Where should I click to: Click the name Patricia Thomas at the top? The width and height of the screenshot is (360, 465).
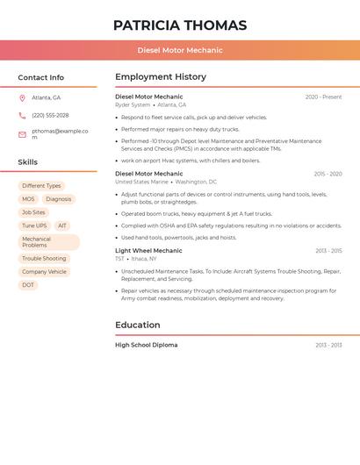(x=180, y=25)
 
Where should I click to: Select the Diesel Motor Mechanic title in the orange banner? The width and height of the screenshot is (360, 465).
(x=180, y=50)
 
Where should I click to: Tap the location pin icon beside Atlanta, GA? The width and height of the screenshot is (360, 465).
(x=22, y=97)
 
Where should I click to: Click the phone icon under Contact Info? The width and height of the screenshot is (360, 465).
(x=22, y=115)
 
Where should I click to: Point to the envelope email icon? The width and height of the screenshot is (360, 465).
(x=22, y=134)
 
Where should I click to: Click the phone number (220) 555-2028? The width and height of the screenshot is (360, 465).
(x=50, y=115)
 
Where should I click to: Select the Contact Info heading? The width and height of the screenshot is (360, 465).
(x=40, y=77)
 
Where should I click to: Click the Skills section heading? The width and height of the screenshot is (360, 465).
(x=27, y=161)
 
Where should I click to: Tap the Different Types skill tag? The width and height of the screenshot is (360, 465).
(x=41, y=186)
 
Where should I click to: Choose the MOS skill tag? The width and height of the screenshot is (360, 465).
(x=28, y=199)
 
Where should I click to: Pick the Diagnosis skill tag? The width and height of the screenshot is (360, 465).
(x=59, y=199)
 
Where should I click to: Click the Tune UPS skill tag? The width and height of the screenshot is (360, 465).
(x=34, y=225)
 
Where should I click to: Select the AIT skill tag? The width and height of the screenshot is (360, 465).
(x=62, y=225)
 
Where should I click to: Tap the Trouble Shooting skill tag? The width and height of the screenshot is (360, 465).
(x=44, y=259)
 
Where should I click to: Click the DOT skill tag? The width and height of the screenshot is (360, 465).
(x=28, y=285)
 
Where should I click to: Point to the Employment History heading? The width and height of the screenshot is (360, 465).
(x=161, y=76)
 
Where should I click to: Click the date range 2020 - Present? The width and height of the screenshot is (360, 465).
(x=323, y=97)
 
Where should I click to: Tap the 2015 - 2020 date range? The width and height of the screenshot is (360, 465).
(x=328, y=174)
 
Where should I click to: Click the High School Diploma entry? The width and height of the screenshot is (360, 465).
(x=146, y=345)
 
